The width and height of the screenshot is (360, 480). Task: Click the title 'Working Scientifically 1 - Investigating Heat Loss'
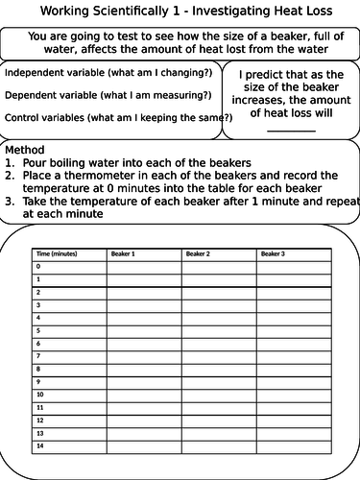pos(180,12)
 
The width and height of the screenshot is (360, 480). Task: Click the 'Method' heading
pos(24,151)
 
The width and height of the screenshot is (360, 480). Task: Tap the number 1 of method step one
pos(9,163)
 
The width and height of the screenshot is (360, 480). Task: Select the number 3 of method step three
pos(9,203)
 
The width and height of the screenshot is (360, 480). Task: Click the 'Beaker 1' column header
pos(125,253)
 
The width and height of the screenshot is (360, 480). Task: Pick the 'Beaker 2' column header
pos(201,253)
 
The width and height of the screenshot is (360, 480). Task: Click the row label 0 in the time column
pos(39,266)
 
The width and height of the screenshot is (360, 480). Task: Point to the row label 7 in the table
pos(39,355)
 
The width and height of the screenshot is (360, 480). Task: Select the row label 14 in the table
pos(40,444)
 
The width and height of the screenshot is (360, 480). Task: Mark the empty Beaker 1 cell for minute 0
pos(143,266)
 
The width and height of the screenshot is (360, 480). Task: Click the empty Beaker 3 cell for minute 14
pos(295,444)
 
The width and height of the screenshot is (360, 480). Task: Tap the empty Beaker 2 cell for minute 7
pos(219,355)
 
